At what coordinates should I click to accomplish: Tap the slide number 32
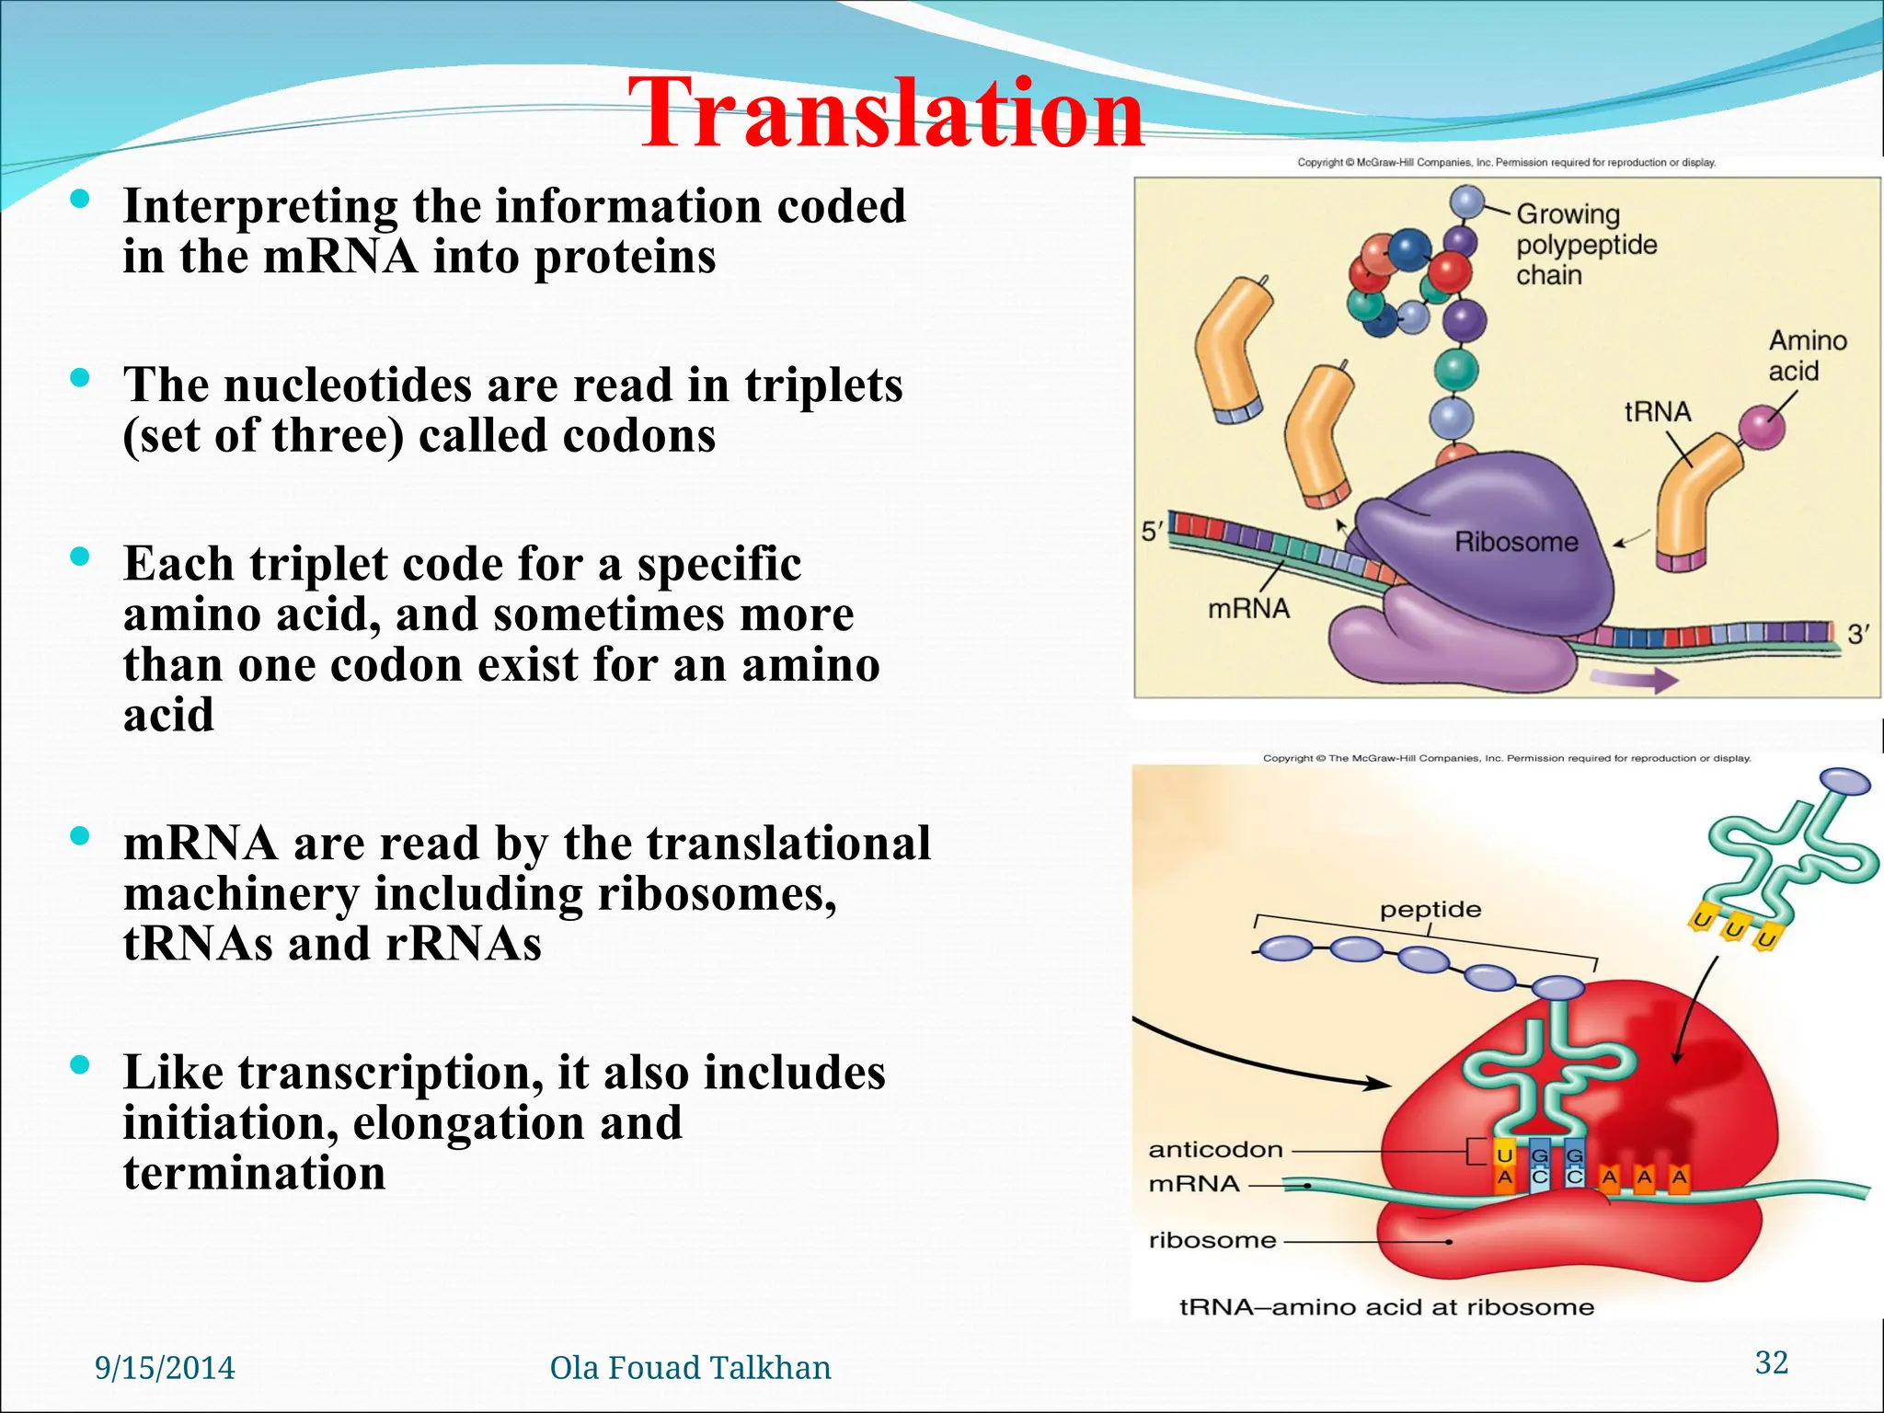pos(1771,1362)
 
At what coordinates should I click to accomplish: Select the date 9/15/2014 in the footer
pos(165,1368)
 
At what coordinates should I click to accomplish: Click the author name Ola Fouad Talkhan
pos(690,1368)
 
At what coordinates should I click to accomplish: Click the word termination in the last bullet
pos(254,1174)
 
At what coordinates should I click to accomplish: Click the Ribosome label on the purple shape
pos(1515,542)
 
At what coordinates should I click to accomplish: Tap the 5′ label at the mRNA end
pos(1152,531)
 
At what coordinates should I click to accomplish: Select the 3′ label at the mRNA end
pos(1858,635)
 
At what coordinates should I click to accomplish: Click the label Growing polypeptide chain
pos(1585,245)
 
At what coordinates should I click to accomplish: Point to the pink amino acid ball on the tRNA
pos(1762,427)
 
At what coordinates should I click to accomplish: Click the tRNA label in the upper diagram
pos(1657,412)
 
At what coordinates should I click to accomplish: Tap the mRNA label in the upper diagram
pos(1248,609)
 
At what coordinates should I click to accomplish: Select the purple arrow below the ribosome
pos(1635,681)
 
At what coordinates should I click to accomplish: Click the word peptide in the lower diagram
pos(1430,910)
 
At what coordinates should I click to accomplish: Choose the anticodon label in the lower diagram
pos(1215,1150)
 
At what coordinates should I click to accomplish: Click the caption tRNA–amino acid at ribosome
pos(1386,1307)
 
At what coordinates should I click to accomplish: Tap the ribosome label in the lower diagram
pos(1212,1241)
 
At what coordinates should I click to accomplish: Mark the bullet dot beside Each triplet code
pos(80,556)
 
